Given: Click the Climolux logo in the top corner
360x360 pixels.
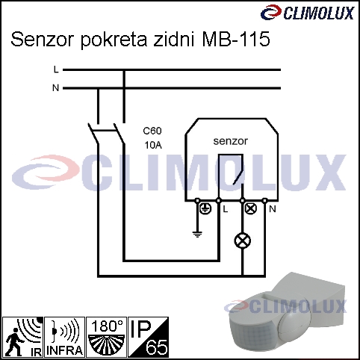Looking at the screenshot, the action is (307, 13).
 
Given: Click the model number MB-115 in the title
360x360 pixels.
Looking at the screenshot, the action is (236, 40).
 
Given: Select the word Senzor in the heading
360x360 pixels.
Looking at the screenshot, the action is (43, 40).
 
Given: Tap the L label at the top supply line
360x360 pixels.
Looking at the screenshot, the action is (56, 69).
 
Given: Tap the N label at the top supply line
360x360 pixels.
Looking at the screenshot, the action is (56, 88).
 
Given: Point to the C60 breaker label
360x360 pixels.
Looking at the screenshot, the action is (152, 131).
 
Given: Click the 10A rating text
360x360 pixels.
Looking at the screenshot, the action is (153, 145).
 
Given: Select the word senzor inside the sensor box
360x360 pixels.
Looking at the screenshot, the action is (231, 141).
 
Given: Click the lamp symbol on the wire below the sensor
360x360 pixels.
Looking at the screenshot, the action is (243, 240).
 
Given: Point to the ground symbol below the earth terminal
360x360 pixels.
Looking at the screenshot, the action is (197, 235).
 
